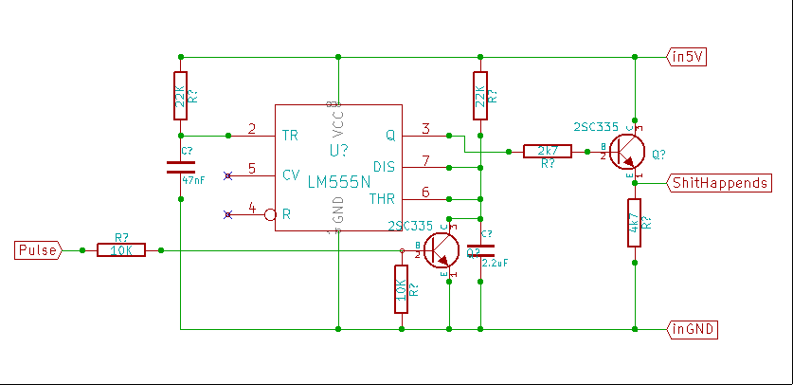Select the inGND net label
[693, 330]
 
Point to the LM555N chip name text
[338, 180]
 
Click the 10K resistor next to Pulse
[121, 250]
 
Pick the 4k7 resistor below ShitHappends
[635, 223]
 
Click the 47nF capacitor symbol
[180, 167]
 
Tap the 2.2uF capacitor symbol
[481, 250]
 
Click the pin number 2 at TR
[252, 129]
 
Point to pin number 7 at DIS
[426, 160]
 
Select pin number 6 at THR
[426, 192]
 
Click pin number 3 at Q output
[426, 129]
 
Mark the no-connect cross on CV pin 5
[227, 175]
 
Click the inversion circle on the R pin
[270, 214]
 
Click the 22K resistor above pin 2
[180, 95]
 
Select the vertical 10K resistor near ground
[402, 288]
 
